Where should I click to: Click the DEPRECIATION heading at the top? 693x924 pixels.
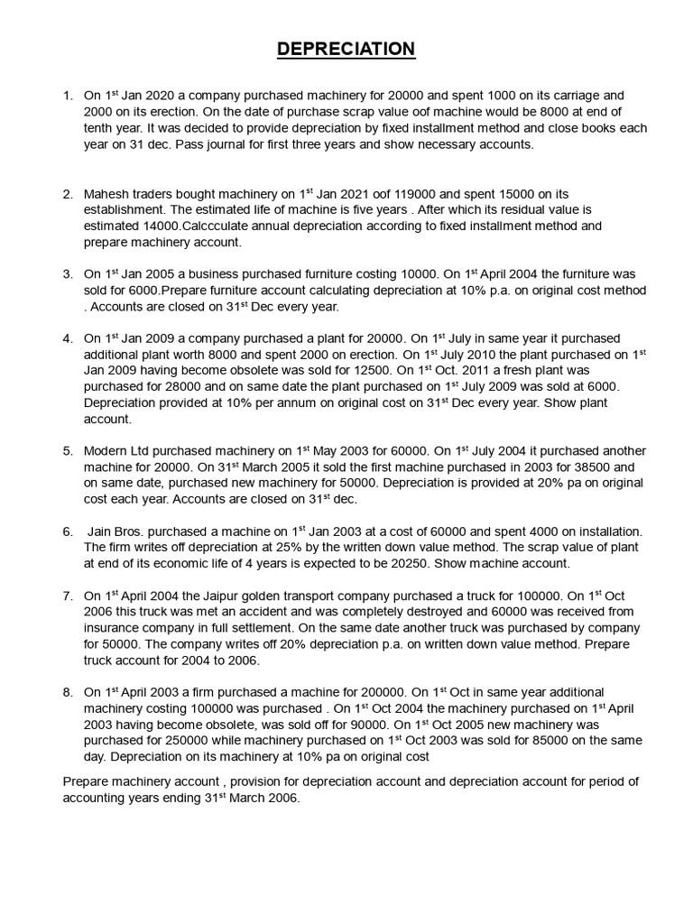click(x=346, y=49)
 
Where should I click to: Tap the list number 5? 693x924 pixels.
click(x=68, y=451)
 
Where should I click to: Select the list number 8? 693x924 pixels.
click(x=68, y=692)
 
